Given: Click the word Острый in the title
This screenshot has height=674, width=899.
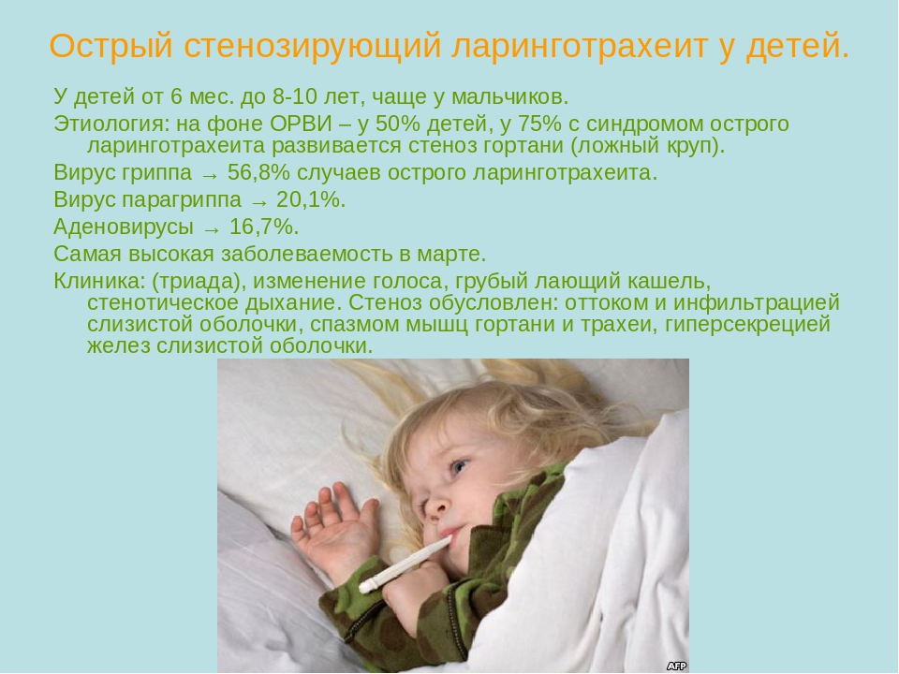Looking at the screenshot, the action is click(x=111, y=46).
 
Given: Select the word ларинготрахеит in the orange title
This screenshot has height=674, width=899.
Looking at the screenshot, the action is click(x=579, y=47).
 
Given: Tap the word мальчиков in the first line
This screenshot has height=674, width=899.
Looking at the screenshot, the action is click(x=510, y=96).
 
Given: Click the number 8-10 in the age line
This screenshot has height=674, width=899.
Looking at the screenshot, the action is click(x=295, y=96).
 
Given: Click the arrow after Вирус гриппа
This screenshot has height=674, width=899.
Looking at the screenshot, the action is click(x=211, y=175).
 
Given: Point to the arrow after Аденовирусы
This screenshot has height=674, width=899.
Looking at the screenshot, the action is click(x=213, y=230).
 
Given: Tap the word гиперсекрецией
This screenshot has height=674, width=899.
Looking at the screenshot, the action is click(x=747, y=325).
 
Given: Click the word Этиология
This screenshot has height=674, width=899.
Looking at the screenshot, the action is click(x=111, y=124).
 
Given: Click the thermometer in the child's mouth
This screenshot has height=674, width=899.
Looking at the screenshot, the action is click(x=405, y=564).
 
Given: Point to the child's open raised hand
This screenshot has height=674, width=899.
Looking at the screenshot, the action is click(x=332, y=527).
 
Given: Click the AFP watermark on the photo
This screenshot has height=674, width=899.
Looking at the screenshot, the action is click(x=676, y=666).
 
